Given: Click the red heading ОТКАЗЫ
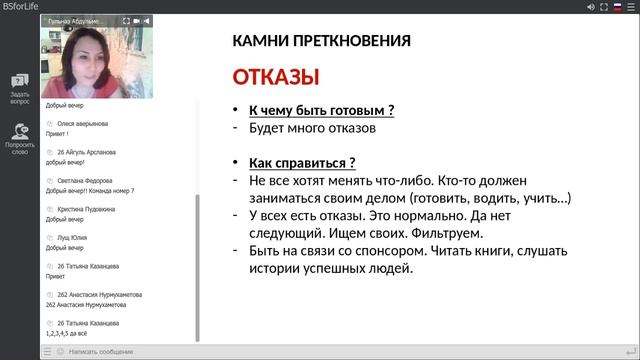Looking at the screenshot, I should click(x=276, y=77).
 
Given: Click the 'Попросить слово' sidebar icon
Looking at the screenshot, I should click(x=20, y=138).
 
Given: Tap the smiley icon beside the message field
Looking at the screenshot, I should click(x=60, y=352).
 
